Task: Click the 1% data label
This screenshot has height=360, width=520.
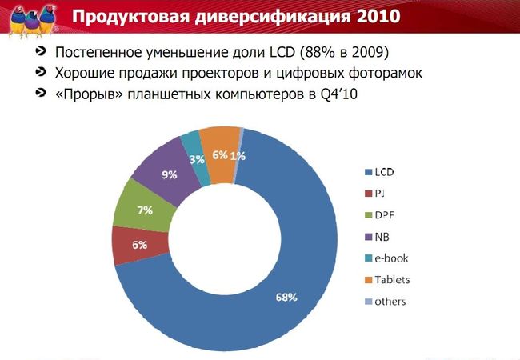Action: click(x=238, y=156)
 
